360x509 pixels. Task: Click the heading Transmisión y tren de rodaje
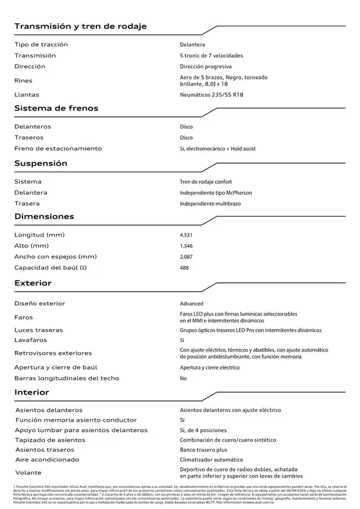(x=80, y=26)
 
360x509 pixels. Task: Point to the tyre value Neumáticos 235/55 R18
(x=212, y=94)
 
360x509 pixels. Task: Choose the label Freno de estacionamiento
(x=58, y=148)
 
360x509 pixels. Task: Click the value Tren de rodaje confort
(x=206, y=181)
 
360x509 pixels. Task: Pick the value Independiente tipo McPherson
(x=216, y=192)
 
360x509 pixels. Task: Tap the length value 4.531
(x=186, y=235)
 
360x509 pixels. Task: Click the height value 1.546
(x=186, y=246)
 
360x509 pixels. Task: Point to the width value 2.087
(x=186, y=257)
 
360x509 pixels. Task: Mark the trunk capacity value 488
(x=184, y=268)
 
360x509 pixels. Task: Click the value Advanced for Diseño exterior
(x=192, y=303)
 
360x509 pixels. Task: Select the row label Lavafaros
(x=30, y=339)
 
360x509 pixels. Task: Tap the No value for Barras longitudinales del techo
(x=183, y=379)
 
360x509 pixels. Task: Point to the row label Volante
(x=27, y=474)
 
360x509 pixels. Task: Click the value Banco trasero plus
(x=204, y=450)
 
